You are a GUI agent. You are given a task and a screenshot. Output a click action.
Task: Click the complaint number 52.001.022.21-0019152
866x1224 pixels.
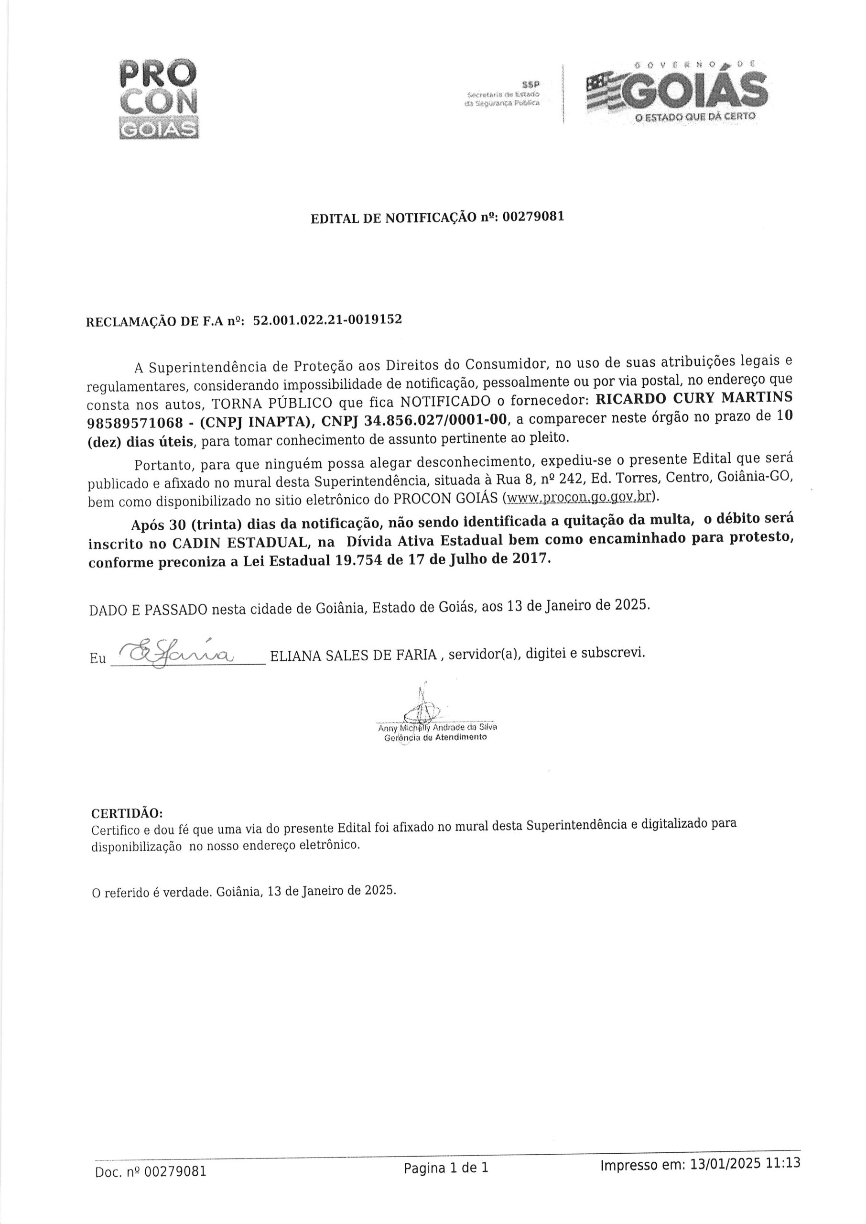pos(327,320)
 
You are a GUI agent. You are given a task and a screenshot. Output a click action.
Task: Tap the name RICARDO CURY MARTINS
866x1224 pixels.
pos(693,398)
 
